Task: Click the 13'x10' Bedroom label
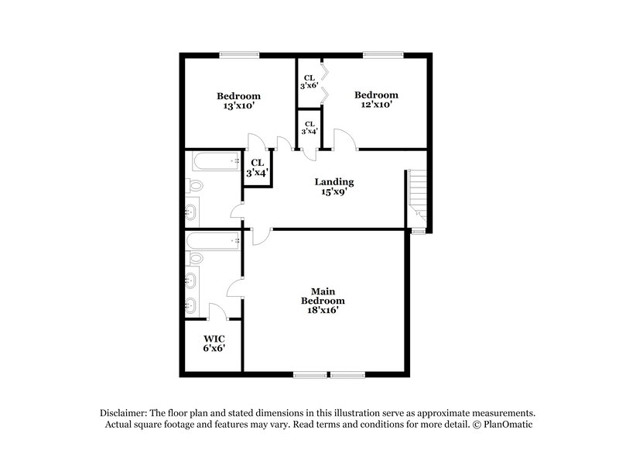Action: click(x=238, y=101)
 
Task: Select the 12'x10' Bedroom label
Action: click(x=376, y=100)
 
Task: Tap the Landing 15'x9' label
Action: click(x=334, y=187)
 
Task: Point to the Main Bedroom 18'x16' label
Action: click(x=323, y=300)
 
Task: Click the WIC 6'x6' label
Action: click(x=214, y=344)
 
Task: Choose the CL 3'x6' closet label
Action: click(x=309, y=81)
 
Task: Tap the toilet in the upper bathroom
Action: click(x=196, y=186)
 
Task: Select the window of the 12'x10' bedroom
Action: click(x=378, y=54)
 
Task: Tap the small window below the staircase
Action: click(x=418, y=231)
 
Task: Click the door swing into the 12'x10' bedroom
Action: click(x=344, y=139)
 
